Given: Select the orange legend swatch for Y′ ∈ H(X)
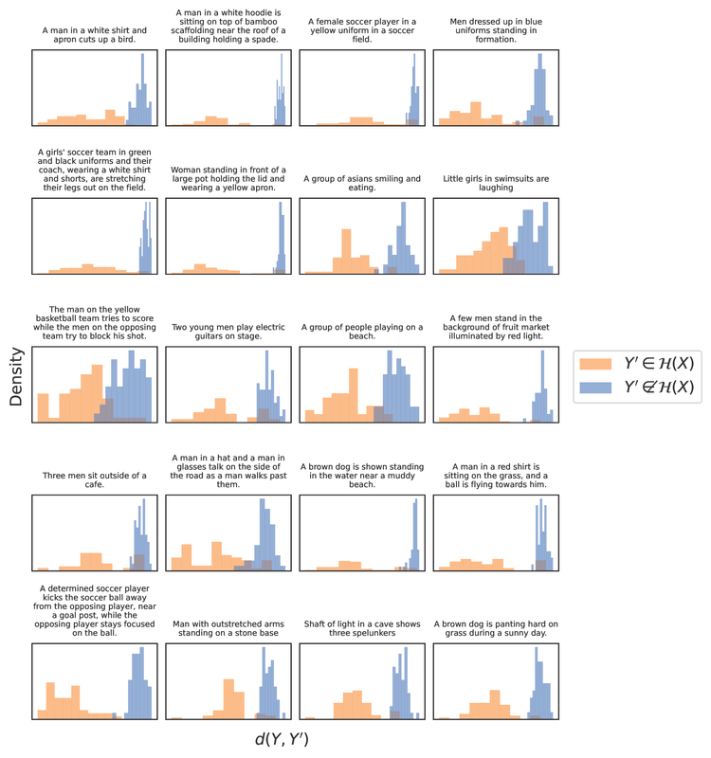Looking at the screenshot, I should [x=593, y=364].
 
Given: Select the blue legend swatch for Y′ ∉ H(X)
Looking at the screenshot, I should [x=593, y=387].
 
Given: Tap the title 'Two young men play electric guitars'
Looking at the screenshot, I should [x=228, y=328].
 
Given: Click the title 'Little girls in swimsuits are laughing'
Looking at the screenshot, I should [x=495, y=182].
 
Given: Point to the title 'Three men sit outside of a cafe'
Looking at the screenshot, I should [x=94, y=479].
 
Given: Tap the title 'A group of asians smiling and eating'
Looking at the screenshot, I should [x=361, y=182].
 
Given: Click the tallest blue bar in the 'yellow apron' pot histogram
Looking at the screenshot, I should [x=281, y=242].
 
